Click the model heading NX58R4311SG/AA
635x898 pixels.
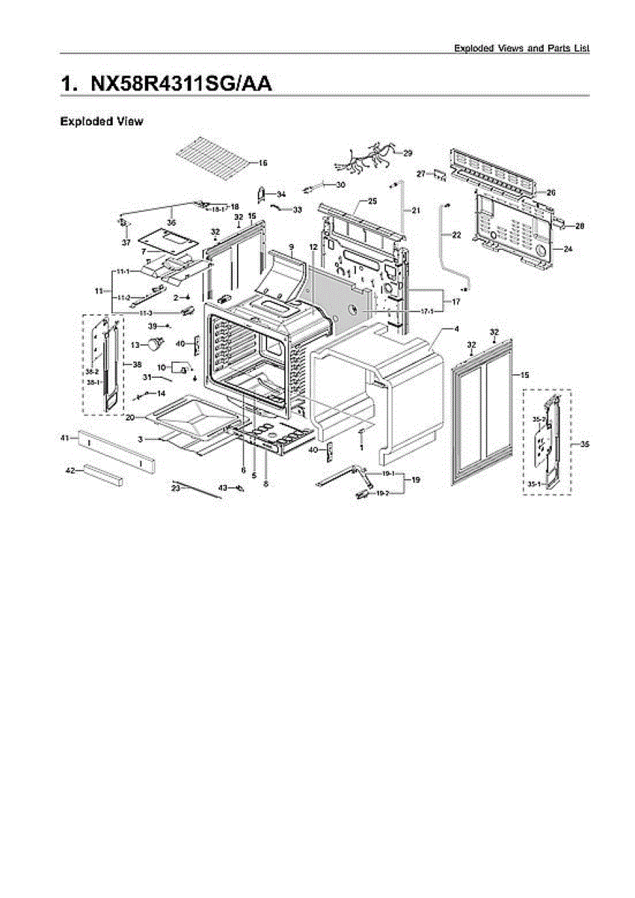pyautogui.click(x=165, y=83)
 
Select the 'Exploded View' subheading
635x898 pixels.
pyautogui.click(x=101, y=121)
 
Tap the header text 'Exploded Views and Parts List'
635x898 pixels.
pyautogui.click(x=521, y=48)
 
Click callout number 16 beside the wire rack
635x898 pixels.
pyautogui.click(x=263, y=162)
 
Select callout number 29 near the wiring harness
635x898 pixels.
pyautogui.click(x=408, y=153)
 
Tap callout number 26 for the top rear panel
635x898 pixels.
pyautogui.click(x=550, y=192)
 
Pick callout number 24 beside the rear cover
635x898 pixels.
pyautogui.click(x=567, y=248)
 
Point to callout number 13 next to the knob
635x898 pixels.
pyautogui.click(x=135, y=345)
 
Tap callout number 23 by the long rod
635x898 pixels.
pyautogui.click(x=176, y=488)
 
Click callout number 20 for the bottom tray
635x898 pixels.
pyautogui.click(x=130, y=417)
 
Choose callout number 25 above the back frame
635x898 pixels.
pyautogui.click(x=372, y=202)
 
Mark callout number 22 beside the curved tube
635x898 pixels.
pyautogui.click(x=456, y=235)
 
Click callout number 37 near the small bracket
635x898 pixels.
pyautogui.click(x=126, y=242)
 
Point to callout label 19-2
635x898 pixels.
pyautogui.click(x=381, y=493)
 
